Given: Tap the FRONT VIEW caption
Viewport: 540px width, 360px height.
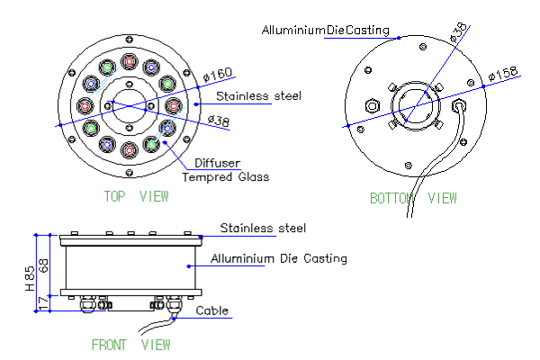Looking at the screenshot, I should coord(131,344).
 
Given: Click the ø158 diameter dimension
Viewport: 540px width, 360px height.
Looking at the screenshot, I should coord(501,71).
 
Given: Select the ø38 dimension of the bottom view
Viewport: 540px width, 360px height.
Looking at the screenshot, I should coord(459,34).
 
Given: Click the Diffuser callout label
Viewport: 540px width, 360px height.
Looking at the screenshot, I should coord(217,164).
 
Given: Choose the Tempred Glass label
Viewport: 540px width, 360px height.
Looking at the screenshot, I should coord(226,177).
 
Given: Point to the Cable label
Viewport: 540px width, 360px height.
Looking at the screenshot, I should coord(212,311).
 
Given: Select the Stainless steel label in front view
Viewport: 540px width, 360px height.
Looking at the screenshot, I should coord(263,228).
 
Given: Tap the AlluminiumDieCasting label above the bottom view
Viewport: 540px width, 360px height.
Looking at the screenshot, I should coord(325,31).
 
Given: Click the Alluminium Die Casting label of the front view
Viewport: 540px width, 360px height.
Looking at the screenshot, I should coord(278,259).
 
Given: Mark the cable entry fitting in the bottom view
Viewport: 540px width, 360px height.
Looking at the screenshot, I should coord(462,106).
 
